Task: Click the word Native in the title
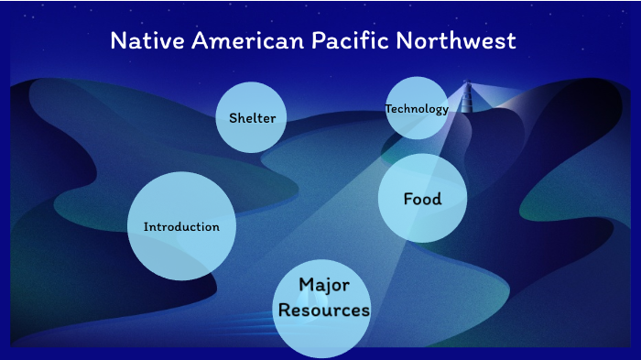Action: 138,41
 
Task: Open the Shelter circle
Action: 252,117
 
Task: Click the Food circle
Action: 422,199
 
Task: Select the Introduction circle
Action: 181,226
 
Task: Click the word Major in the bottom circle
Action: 324,285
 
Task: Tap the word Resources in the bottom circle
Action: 324,311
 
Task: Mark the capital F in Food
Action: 408,199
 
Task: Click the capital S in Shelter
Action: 233,118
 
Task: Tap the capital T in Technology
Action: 389,109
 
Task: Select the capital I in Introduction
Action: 146,227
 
